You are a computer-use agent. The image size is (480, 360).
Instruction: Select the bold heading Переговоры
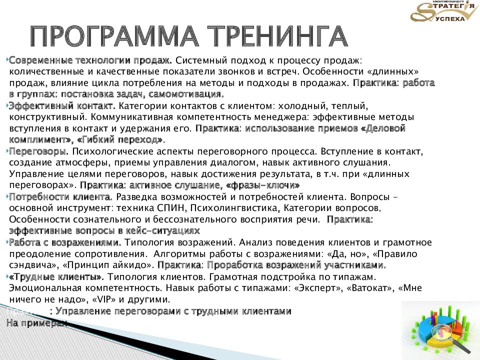pyautogui.click(x=38, y=151)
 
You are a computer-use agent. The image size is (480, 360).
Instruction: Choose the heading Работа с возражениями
pyautogui.click(x=65, y=242)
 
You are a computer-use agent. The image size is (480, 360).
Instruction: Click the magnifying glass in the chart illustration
pyautogui.click(x=448, y=333)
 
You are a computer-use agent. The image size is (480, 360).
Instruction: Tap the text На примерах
pyautogui.click(x=36, y=323)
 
